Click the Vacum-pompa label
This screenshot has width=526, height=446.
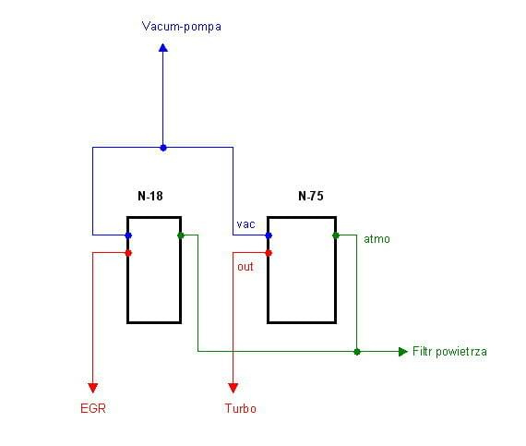point(182,27)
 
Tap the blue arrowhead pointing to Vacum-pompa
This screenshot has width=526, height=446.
point(163,48)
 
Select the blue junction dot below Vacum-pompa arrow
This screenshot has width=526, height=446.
point(163,148)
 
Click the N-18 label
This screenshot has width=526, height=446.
point(150,196)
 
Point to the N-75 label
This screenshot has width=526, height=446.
point(311,196)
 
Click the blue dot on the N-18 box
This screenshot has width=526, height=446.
point(128,235)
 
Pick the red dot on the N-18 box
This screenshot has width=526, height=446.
point(128,253)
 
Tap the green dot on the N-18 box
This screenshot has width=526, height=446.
point(181,235)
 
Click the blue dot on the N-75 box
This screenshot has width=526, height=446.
point(269,235)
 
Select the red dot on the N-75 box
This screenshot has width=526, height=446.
point(269,253)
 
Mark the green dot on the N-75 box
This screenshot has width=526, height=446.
point(336,235)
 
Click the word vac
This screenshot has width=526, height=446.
point(245,224)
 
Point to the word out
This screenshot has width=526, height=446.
point(245,267)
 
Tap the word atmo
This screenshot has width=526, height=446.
point(377,239)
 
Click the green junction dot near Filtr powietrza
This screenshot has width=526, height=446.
point(357,352)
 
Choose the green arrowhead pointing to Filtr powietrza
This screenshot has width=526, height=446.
point(403,352)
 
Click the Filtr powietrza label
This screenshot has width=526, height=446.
point(449,352)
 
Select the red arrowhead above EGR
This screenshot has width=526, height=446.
point(93,388)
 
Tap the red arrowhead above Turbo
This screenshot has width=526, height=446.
point(233,388)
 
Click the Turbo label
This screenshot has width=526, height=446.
point(241,408)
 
